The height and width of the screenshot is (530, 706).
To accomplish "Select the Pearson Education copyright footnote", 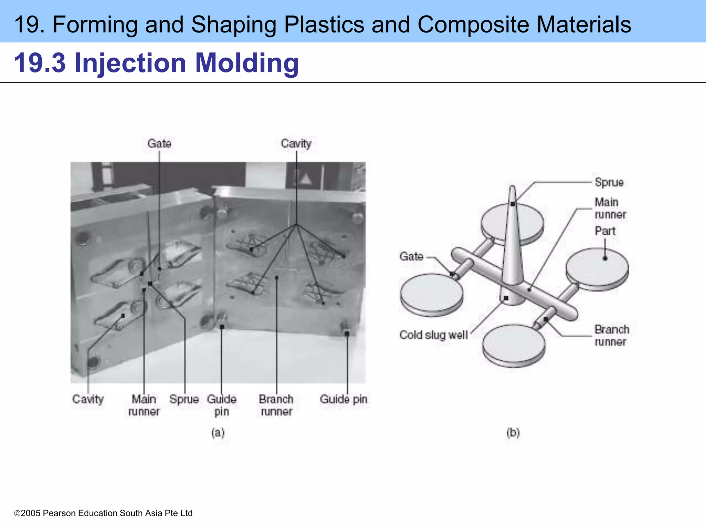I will point(103,513).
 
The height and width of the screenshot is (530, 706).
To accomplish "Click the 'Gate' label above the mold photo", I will point(159,144).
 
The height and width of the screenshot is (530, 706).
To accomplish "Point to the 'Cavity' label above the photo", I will point(296,144).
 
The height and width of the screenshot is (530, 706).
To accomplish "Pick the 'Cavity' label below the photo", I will point(88,399).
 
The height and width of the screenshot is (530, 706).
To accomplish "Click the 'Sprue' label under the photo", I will point(184,399).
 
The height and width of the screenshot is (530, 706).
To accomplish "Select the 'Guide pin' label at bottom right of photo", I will point(343,399).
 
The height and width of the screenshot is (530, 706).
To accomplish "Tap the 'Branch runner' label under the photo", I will point(276,405).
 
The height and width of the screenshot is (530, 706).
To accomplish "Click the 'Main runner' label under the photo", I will point(144,405).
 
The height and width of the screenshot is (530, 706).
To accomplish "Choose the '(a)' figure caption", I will point(218,432).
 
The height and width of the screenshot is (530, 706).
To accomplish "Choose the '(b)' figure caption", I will point(513,432).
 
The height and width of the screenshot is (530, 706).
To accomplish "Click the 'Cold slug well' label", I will point(433,335).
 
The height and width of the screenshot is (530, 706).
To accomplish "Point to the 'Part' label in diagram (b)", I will point(605,231).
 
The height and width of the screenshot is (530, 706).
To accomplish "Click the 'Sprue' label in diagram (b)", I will point(609,182).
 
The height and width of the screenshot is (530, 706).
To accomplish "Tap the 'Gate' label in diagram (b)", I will point(411,256).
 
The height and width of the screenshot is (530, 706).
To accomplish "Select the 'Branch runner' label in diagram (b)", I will point(612,336).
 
